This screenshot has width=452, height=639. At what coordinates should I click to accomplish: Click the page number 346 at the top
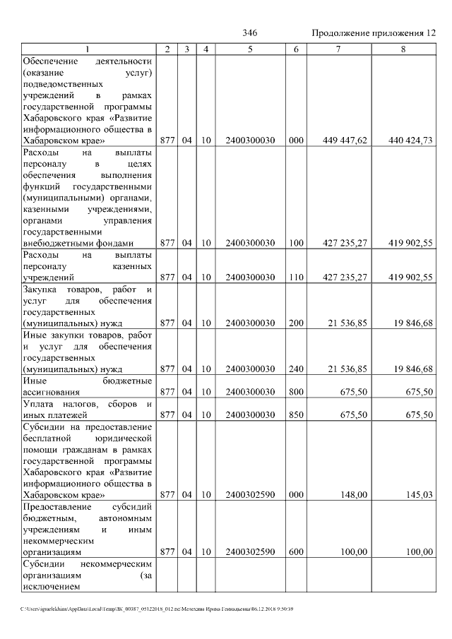tap(249, 34)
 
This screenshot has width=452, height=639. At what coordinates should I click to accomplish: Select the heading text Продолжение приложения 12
tap(373, 34)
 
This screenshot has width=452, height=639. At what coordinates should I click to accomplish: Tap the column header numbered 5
tap(250, 49)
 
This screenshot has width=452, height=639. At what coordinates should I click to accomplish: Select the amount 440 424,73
tap(410, 141)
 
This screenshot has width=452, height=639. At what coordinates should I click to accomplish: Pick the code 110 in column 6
tap(296, 277)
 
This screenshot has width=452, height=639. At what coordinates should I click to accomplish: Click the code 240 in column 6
tap(296, 369)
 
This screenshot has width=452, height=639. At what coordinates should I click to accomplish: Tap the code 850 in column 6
tap(296, 414)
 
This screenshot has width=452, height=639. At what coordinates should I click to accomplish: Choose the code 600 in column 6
tap(296, 551)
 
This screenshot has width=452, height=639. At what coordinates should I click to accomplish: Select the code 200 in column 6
tap(296, 323)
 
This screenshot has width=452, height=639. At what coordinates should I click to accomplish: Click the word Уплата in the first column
tap(40, 404)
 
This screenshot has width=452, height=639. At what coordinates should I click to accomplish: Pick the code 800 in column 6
tap(296, 391)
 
